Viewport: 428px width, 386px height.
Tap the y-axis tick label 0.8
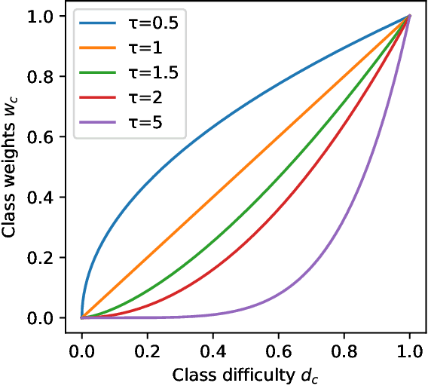tap(47, 76)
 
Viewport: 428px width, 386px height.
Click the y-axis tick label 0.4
tap(47, 197)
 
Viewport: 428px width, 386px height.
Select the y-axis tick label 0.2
tap(47, 257)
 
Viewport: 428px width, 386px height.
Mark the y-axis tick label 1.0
tap(47, 16)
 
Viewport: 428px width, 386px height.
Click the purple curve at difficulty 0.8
tap(344, 219)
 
